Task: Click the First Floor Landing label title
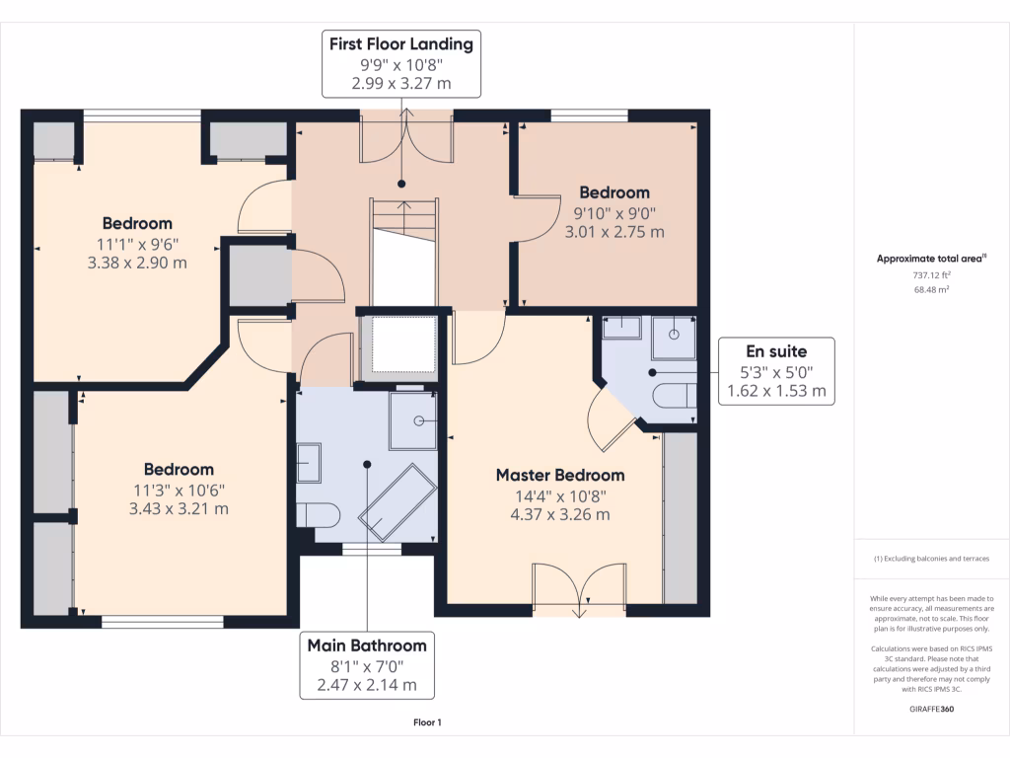pos(401,43)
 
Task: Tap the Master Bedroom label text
pos(560,475)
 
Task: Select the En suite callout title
pos(776,351)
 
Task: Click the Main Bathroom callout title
pos(367,645)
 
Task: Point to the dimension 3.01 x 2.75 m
pos(614,232)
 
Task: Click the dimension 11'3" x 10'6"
pos(180,490)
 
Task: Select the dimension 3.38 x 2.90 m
pos(137,263)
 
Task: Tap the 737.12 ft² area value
pos(931,274)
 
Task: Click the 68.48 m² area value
pos(931,289)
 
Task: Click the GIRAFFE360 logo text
pos(931,709)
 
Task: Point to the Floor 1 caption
pos(428,722)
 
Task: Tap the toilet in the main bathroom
pos(318,515)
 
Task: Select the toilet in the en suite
pos(675,396)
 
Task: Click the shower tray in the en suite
pos(674,338)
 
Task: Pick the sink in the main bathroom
pos(309,463)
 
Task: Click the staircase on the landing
pos(403,253)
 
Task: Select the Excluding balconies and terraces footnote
pos(931,559)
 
